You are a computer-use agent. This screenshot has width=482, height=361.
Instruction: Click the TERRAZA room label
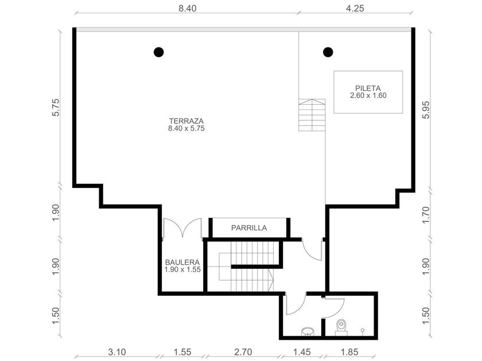point(186,121)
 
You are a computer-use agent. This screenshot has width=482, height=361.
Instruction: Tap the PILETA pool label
point(368,88)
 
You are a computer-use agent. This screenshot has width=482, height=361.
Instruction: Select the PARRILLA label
point(249,228)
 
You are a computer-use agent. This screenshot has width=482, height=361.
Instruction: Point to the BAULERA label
point(182,262)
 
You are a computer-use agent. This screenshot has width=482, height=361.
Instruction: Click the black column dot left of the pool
point(328,52)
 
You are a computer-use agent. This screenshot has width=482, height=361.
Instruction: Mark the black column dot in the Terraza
point(158,52)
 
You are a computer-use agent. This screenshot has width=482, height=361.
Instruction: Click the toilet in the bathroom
point(341,327)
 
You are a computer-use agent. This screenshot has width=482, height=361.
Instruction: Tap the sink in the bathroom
point(308,331)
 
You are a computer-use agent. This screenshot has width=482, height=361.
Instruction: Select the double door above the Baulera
point(182,228)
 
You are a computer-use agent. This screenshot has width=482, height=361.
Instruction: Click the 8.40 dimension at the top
point(188,8)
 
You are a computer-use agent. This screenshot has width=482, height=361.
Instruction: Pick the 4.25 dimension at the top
point(355,8)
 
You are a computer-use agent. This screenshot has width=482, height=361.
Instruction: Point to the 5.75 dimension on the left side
point(56,107)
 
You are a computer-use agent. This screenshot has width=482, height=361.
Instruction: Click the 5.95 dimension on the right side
point(426,110)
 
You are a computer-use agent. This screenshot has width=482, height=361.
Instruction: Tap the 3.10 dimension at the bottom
point(117,352)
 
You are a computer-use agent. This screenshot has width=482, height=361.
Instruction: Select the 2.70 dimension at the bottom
point(243,352)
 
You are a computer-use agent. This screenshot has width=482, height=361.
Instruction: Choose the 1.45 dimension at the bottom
point(302,352)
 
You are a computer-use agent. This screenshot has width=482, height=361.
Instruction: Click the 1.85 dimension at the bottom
point(350,352)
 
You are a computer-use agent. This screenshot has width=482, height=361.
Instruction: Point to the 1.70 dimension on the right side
point(426,215)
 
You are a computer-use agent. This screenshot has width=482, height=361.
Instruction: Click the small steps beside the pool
point(312,115)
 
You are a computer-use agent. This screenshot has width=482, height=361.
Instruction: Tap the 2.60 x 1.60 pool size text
point(368,96)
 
